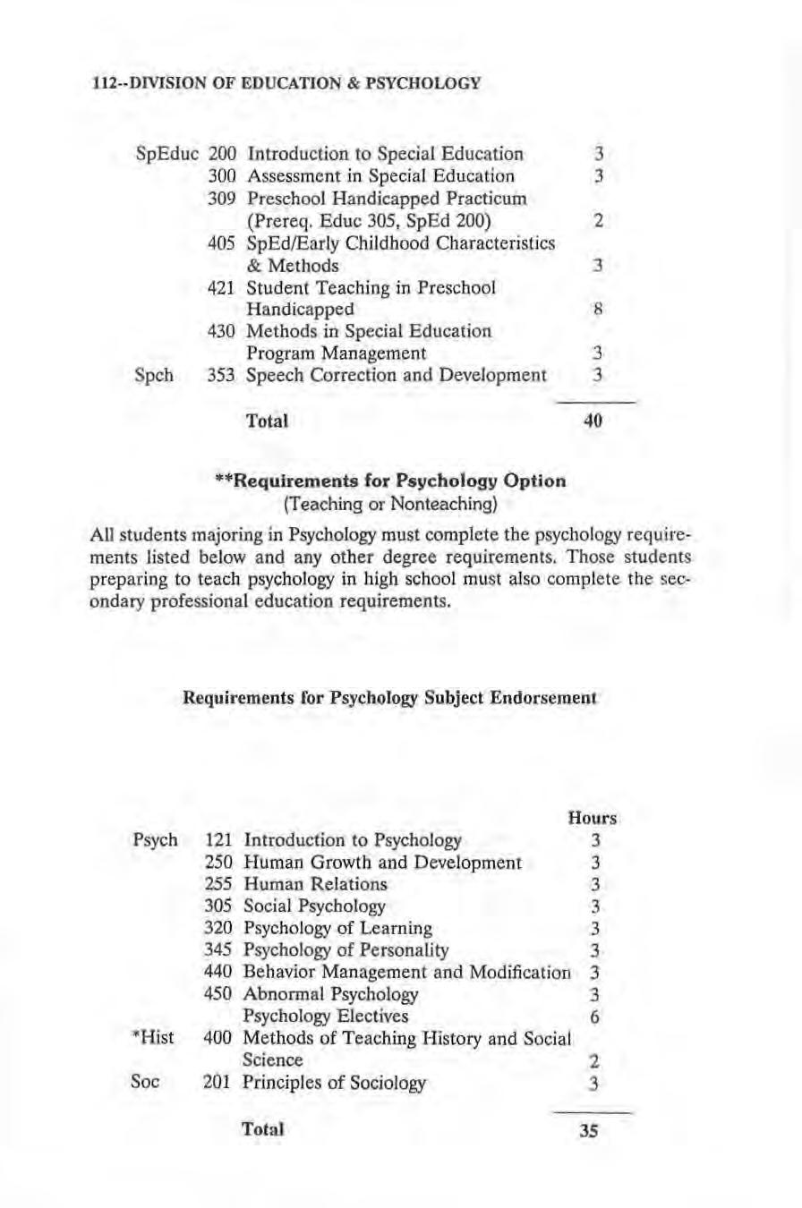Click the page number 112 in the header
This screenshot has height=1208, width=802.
click(x=105, y=84)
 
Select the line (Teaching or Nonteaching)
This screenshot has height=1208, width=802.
click(x=391, y=504)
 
